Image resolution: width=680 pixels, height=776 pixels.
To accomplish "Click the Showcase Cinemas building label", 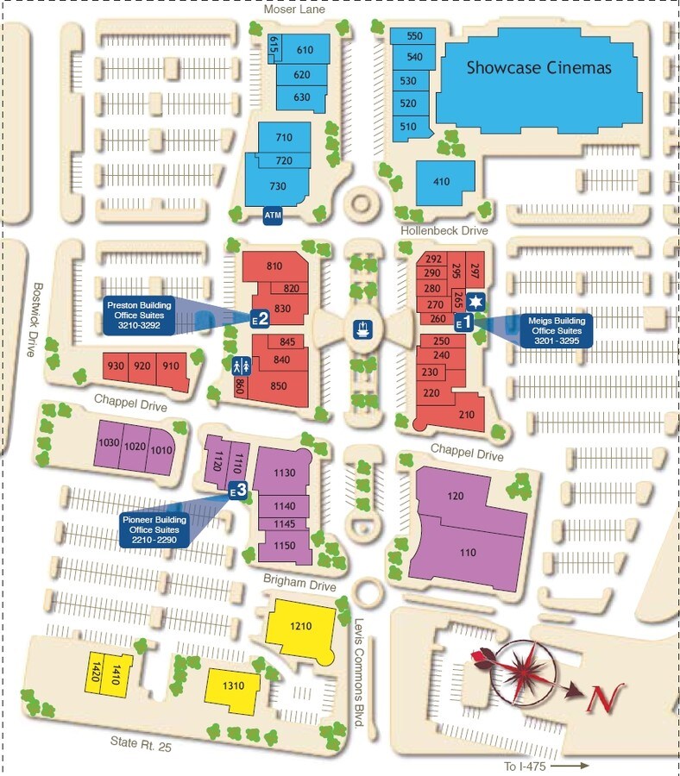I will [538, 67].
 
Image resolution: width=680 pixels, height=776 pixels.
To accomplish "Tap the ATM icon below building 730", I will [273, 214].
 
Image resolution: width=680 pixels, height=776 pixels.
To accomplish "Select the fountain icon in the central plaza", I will [362, 329].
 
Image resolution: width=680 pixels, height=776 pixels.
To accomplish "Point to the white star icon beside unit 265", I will [477, 302].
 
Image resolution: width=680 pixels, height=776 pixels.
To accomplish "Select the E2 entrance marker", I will [260, 318].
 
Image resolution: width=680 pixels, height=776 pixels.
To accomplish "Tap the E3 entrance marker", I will [238, 490].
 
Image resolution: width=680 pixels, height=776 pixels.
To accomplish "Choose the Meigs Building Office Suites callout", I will [557, 331].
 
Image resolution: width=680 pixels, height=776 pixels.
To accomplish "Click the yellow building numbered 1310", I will [233, 686].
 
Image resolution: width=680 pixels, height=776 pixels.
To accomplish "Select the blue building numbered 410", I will [443, 182].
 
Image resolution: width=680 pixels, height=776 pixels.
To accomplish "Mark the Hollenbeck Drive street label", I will [444, 231].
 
